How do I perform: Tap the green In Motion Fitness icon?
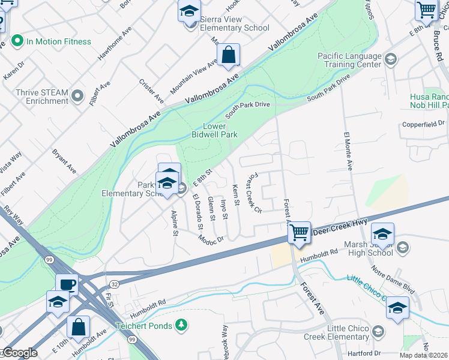(17, 41)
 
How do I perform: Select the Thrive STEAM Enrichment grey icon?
(77, 95)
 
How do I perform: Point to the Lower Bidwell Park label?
(214, 130)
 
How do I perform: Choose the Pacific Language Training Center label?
(349, 60)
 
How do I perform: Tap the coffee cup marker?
(67, 284)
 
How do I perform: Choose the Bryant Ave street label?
(64, 160)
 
